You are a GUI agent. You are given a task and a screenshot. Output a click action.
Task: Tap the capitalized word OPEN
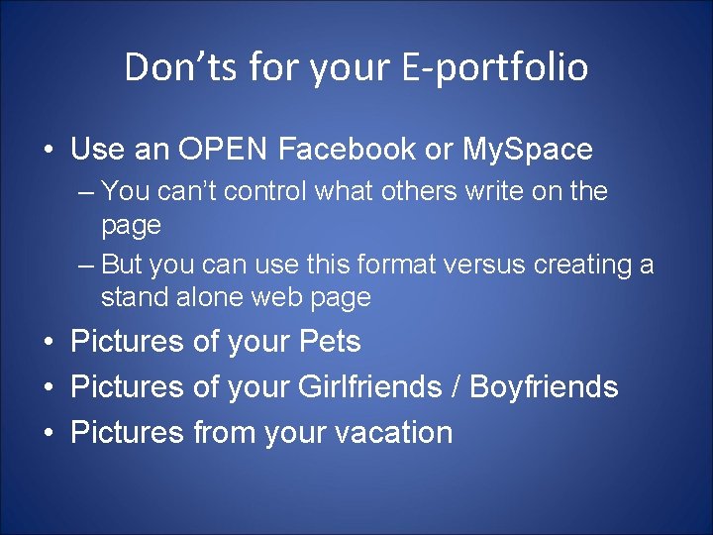224,150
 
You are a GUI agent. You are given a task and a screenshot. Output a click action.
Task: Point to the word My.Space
527,150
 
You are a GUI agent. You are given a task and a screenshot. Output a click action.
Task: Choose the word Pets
329,342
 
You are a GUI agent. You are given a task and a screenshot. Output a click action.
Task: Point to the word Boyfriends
544,386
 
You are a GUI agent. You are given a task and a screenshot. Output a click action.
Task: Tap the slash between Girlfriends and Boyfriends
458,386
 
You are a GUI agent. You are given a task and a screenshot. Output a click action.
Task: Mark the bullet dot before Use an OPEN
48,151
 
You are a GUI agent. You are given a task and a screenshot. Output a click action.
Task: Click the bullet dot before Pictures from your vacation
48,433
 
